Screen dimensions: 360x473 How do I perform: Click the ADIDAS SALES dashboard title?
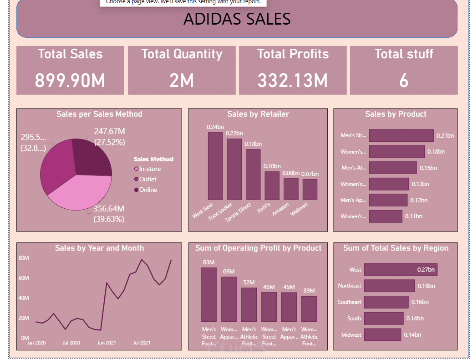pos(237,19)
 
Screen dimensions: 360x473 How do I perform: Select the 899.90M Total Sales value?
pos(70,81)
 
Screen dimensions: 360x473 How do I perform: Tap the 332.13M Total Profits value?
pos(292,81)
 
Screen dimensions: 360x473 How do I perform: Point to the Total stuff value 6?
pos(404,81)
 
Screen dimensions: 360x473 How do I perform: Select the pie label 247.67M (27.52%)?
pos(109,137)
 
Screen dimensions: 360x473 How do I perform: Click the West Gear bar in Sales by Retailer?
pos(215,166)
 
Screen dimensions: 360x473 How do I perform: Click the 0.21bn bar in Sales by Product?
pos(401,135)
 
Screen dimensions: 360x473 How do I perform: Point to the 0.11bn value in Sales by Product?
pos(413,216)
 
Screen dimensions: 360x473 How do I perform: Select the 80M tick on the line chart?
pos(24,258)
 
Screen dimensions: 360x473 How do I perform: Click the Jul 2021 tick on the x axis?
pos(142,343)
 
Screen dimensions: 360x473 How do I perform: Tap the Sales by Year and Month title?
pos(99,248)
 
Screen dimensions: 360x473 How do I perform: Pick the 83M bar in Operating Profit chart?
pos(209,294)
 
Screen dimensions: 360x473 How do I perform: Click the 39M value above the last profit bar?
pos(309,291)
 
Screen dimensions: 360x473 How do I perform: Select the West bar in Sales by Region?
pos(401,270)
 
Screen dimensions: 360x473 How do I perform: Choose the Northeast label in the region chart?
pos(350,286)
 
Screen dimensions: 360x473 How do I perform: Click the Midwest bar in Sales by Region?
pos(382,335)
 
